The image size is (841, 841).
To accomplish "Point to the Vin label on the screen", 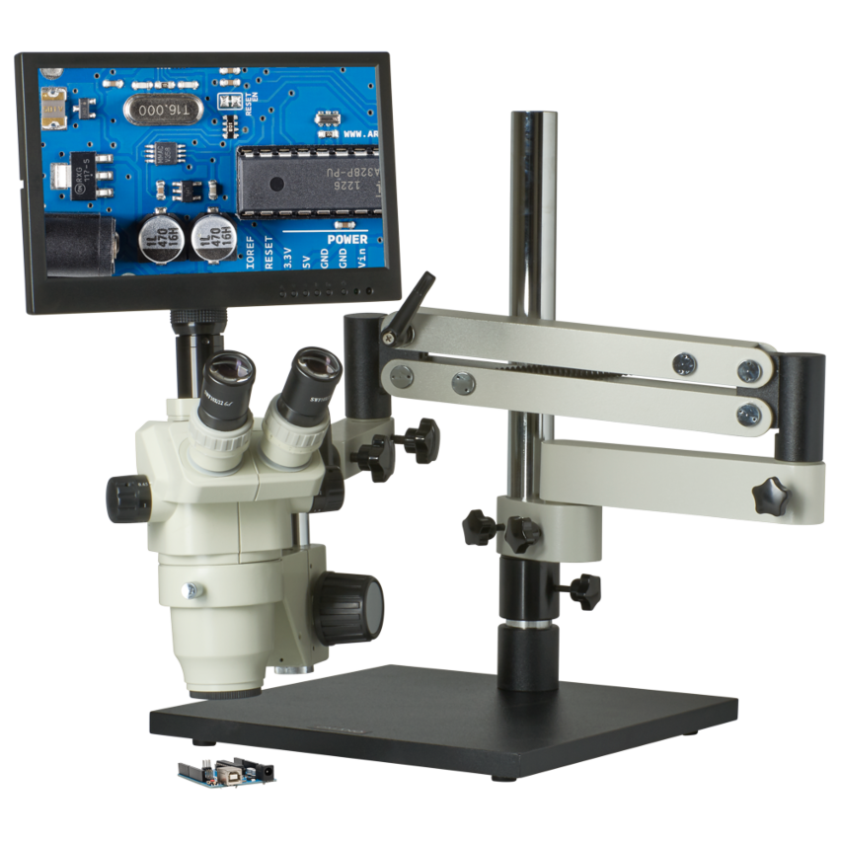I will (x=361, y=260).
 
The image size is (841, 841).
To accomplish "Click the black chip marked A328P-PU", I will (x=307, y=181).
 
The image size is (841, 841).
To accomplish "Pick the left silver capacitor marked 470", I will (x=158, y=238).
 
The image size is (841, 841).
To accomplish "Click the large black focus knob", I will (x=348, y=606).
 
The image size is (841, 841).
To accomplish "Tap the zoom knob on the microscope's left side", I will (x=128, y=498).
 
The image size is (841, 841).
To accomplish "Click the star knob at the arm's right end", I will (x=771, y=496).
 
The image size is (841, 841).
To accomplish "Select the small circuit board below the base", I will (x=226, y=770).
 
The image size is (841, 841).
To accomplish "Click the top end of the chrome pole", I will (x=533, y=120).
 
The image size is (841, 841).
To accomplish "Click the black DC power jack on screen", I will (x=79, y=244).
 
